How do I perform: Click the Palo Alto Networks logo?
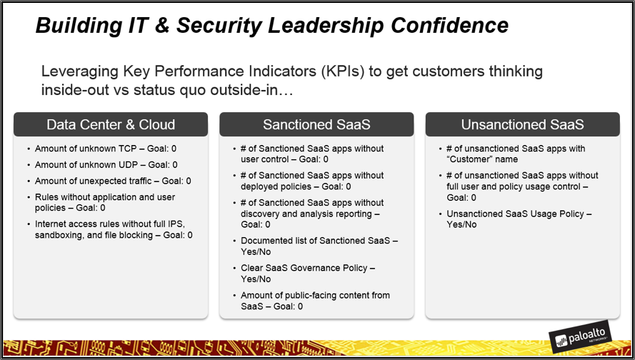click(580, 336)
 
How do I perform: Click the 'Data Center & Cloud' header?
click(111, 124)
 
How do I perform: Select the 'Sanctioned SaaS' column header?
click(316, 124)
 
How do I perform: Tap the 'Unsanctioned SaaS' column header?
click(522, 124)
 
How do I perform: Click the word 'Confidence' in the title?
click(449, 25)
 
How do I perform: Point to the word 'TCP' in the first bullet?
click(127, 149)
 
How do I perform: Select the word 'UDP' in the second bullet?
click(128, 165)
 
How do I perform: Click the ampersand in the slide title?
click(162, 25)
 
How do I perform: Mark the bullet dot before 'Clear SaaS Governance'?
click(234, 268)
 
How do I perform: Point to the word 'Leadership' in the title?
click(326, 25)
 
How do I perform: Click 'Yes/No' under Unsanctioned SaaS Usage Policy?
click(461, 224)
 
